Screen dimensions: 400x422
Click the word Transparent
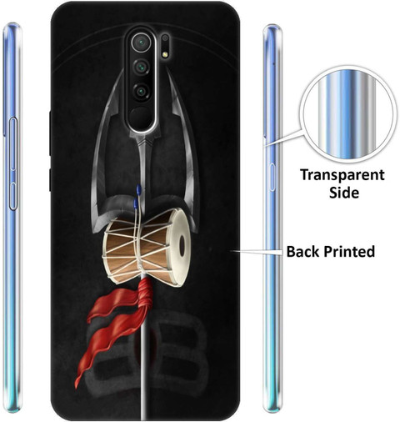pos(342,176)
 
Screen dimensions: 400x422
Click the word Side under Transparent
pos(344,193)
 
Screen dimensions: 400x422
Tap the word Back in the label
pos(303,251)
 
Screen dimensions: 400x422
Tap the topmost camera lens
pos(142,43)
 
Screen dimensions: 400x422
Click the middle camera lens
pos(142,67)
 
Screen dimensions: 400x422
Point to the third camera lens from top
pos(142,91)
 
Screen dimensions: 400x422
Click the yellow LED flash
pos(165,54)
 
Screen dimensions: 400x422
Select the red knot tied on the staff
pos(146,294)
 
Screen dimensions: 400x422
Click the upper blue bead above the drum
pos(138,189)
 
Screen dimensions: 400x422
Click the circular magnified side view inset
pos(347,113)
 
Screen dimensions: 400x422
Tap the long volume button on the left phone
pos(13,143)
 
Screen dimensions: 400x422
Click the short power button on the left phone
pos(13,196)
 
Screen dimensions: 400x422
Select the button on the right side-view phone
pos(272,177)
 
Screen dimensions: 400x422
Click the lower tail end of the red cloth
pos(77,384)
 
